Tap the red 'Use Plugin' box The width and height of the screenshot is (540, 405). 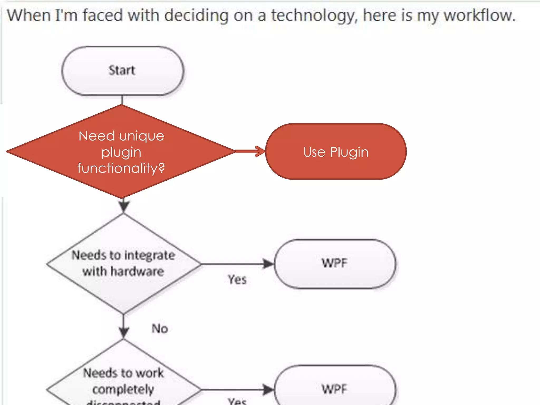[x=336, y=152]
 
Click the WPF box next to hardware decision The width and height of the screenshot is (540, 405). [x=335, y=264]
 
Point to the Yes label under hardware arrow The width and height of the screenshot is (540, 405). [x=237, y=279]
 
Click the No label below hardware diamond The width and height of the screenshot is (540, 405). [x=160, y=329]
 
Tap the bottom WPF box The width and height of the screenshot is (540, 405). [x=335, y=389]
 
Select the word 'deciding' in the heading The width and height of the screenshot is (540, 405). [x=196, y=15]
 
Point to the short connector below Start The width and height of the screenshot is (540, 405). [x=122, y=100]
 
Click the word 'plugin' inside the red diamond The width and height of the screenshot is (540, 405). [x=121, y=152]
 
